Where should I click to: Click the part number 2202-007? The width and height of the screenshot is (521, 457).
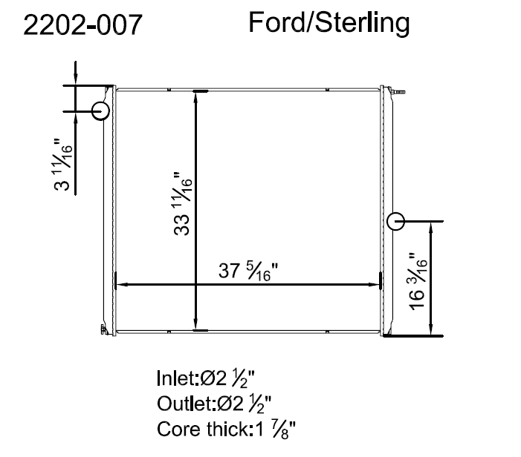point(82,25)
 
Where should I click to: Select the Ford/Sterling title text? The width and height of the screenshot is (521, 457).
point(329,23)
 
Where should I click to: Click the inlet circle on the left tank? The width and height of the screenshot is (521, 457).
point(100,111)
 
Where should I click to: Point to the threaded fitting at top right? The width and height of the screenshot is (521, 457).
point(400,91)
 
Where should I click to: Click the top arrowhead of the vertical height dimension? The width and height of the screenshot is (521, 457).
point(196,96)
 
